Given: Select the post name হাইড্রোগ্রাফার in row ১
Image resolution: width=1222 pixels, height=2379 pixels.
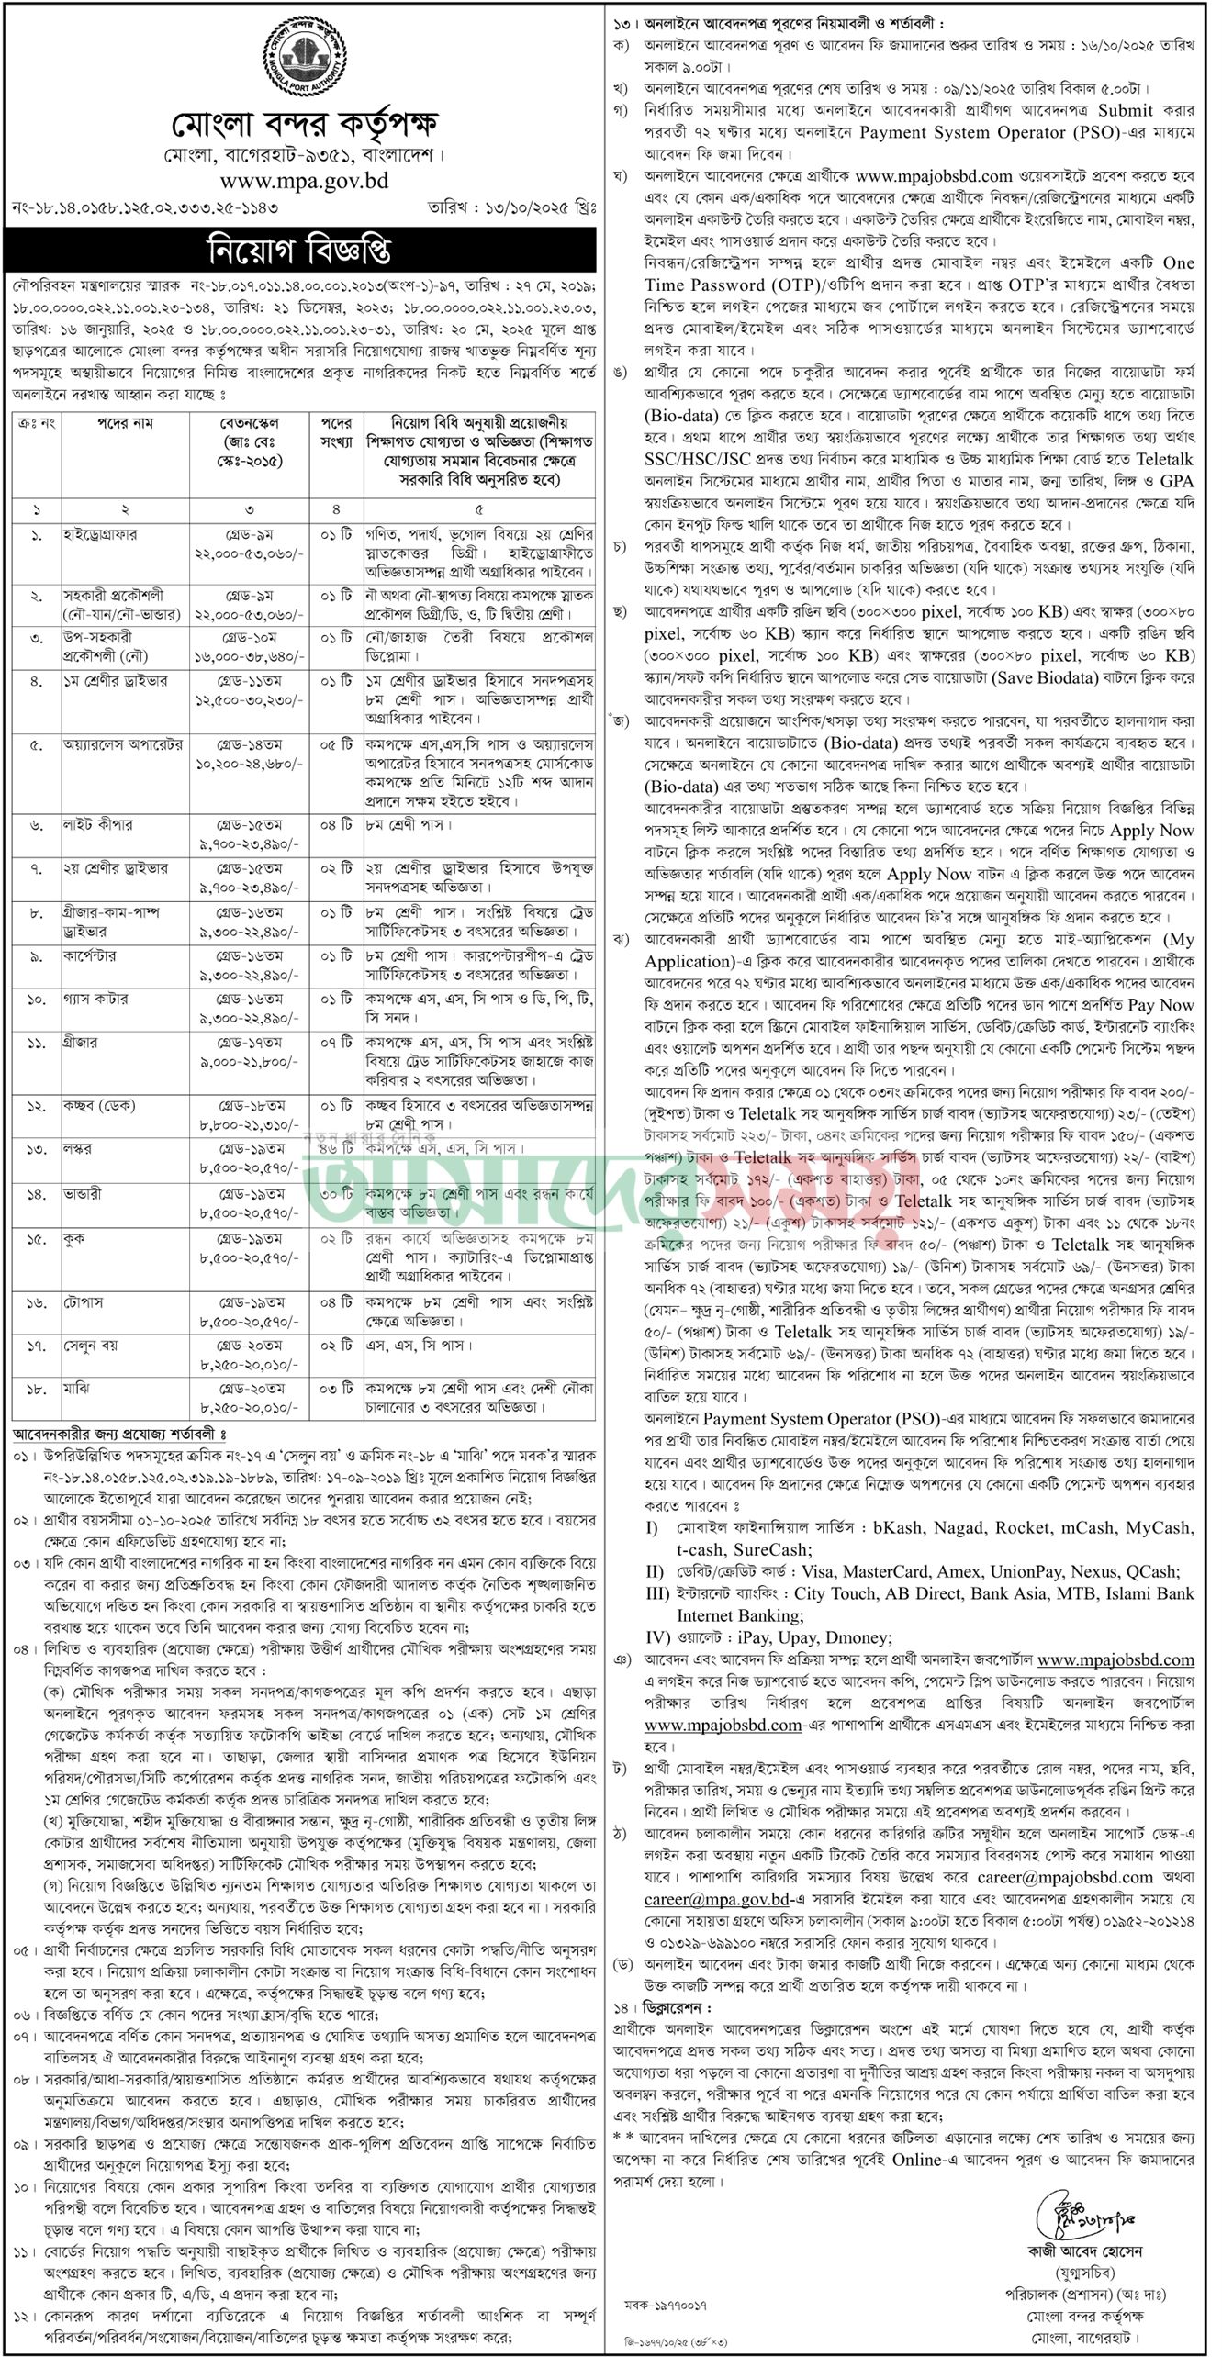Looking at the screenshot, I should pos(100,535).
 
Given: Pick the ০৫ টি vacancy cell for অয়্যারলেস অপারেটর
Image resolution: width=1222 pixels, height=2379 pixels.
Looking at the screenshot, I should pos(335,744).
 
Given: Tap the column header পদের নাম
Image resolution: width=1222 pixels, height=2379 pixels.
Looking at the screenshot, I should pos(126,424).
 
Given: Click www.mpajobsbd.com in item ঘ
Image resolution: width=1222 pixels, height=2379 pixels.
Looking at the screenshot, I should pos(933,175).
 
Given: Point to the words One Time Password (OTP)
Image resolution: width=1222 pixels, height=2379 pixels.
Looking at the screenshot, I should pos(919,275).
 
